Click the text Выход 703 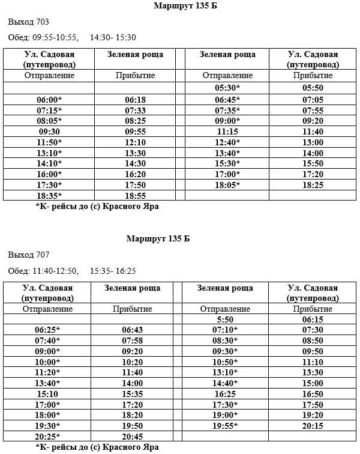(x=29, y=22)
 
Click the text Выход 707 (x=29, y=255)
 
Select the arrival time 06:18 (x=135, y=99)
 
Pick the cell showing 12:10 (x=135, y=142)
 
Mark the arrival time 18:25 (x=313, y=185)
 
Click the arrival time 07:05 (x=313, y=99)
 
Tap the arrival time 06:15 (x=313, y=319)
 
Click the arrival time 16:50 (x=313, y=394)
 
